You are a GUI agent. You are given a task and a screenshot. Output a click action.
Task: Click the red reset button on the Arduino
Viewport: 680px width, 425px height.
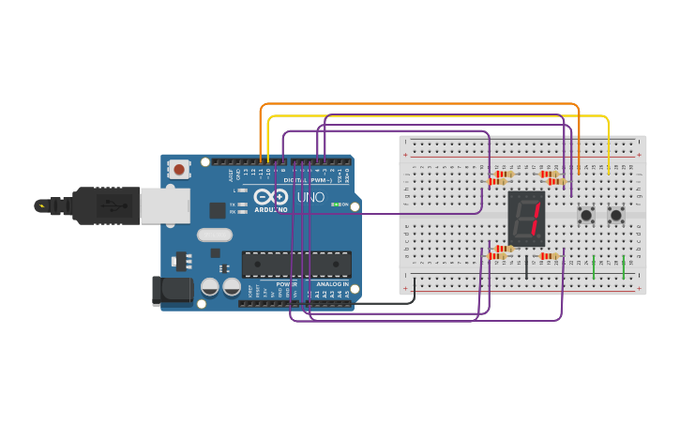click(178, 170)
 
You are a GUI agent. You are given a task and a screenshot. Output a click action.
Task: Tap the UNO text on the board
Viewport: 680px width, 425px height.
click(310, 198)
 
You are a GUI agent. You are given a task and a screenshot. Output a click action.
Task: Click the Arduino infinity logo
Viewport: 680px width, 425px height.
click(270, 197)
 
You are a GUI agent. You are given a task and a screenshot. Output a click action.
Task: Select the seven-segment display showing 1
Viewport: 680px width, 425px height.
click(526, 219)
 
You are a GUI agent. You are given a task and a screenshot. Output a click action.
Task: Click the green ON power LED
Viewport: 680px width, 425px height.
click(334, 205)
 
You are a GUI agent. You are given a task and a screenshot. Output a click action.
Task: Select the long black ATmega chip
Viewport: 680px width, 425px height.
click(296, 265)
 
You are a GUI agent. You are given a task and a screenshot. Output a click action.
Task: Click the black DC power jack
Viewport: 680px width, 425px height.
click(172, 290)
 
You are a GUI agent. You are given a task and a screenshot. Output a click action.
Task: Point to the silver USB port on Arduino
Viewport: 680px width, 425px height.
click(164, 205)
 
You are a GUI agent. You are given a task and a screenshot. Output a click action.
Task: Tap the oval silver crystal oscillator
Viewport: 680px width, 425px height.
click(214, 235)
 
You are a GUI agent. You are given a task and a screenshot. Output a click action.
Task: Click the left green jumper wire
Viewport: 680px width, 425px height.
click(594, 266)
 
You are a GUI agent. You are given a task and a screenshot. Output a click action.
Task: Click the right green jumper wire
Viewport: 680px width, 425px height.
click(624, 266)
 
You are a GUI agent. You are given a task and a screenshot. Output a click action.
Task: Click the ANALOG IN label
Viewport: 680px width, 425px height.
click(333, 283)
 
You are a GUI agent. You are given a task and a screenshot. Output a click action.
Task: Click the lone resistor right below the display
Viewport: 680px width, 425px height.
click(549, 255)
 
